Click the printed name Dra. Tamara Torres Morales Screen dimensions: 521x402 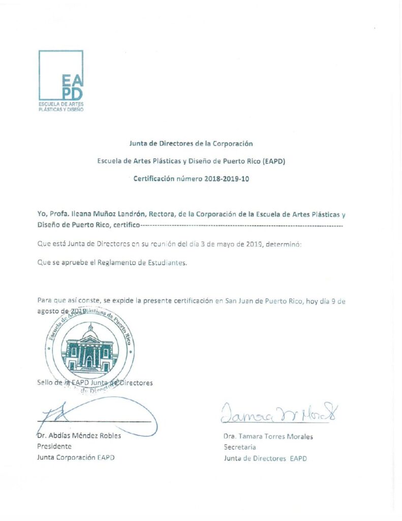coord(268,437)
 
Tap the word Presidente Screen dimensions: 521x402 coord(54,446)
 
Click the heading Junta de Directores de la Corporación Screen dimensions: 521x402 coord(191,144)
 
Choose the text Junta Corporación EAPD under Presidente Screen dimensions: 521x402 coord(76,457)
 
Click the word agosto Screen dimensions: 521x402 coord(49,311)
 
